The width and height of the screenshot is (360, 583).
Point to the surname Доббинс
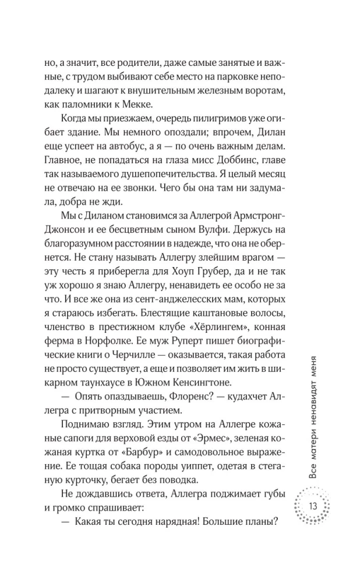coord(237,174)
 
